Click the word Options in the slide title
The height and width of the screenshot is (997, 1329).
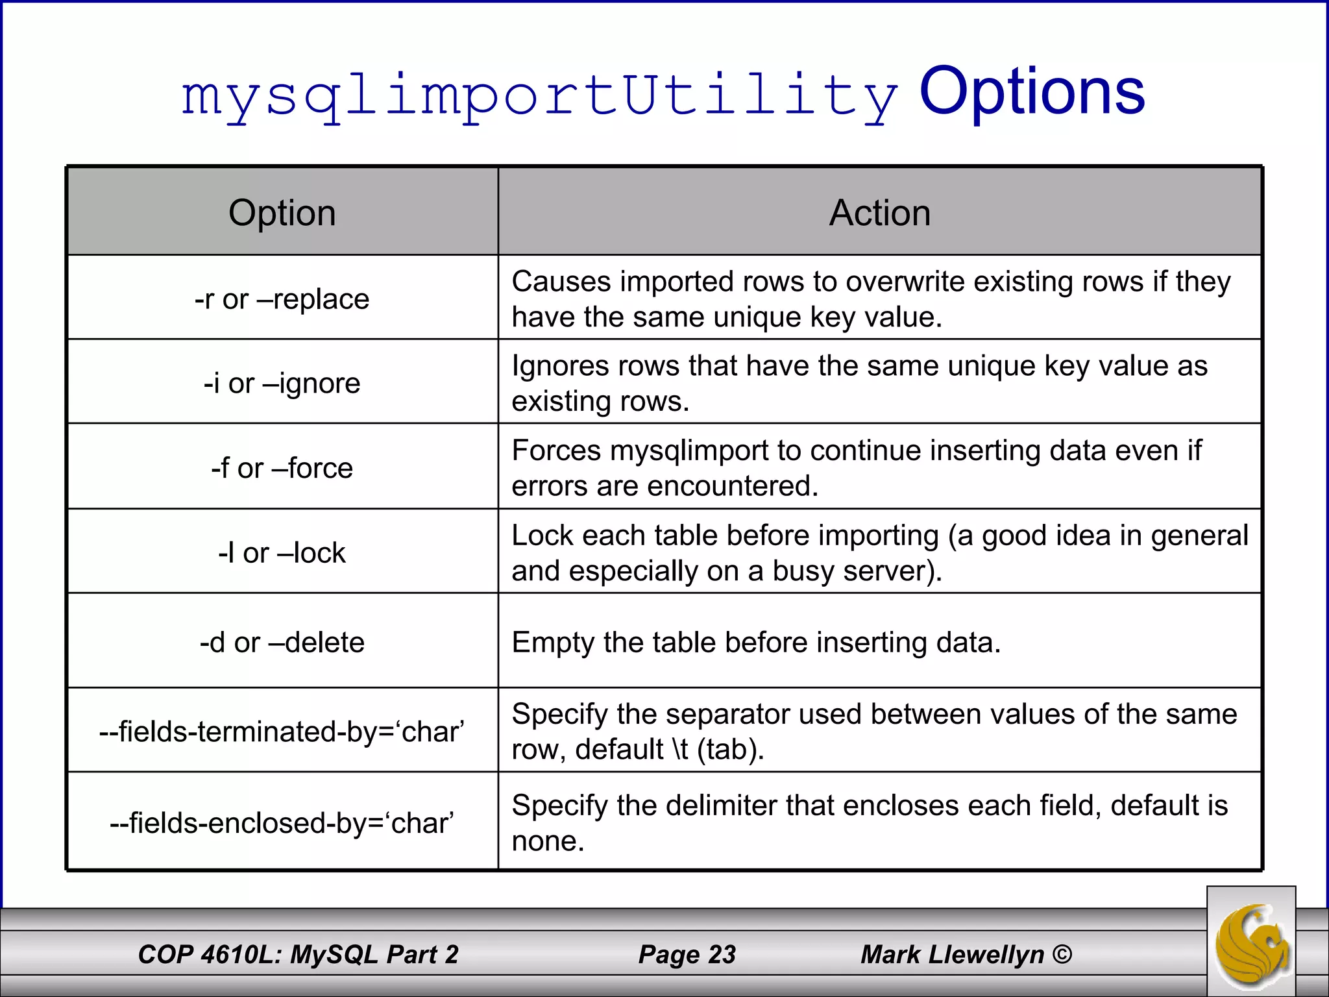tap(1032, 92)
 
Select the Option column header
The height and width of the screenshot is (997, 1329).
tap(282, 213)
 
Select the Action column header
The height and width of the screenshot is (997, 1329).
tap(879, 213)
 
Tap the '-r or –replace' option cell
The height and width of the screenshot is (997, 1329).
tap(282, 299)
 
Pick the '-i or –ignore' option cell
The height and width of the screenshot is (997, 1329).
tap(282, 383)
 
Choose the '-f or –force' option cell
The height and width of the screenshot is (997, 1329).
tap(282, 468)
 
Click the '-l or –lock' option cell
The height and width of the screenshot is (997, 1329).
tap(282, 553)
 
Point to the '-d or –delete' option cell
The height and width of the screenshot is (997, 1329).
tap(282, 643)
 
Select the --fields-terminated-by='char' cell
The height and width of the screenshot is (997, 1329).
tap(282, 732)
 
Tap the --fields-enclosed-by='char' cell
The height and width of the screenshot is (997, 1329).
tap(282, 823)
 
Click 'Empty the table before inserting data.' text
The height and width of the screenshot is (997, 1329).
tap(756, 643)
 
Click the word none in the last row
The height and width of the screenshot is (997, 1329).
tap(548, 841)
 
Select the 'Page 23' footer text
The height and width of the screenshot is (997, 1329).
tap(687, 954)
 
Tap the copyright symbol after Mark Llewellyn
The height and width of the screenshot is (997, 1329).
tap(1062, 954)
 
